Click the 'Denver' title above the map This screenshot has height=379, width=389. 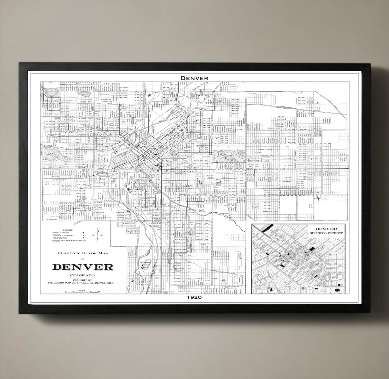195,78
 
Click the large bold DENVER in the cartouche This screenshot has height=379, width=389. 83,267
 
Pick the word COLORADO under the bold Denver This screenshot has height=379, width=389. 83,275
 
